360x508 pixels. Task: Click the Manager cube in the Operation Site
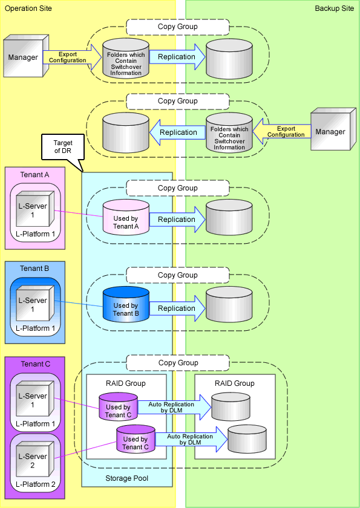(26, 56)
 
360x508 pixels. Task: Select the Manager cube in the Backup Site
(333, 129)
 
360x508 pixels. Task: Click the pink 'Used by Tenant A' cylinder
(126, 217)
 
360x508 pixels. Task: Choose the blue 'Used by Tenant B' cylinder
(126, 304)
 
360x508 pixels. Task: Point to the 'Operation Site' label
(28, 8)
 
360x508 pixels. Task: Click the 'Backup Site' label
(335, 8)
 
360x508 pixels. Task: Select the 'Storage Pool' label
(126, 478)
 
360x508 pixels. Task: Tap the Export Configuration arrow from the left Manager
(72, 57)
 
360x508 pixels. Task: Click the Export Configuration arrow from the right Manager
(281, 132)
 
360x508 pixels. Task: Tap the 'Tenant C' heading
(36, 364)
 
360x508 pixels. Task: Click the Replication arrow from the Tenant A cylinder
(177, 220)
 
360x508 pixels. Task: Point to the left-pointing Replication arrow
(177, 132)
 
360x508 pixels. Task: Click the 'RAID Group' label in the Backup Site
(235, 383)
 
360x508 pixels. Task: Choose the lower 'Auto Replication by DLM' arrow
(191, 439)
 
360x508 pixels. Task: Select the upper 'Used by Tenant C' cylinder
(118, 408)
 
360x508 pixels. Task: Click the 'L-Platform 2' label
(36, 484)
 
